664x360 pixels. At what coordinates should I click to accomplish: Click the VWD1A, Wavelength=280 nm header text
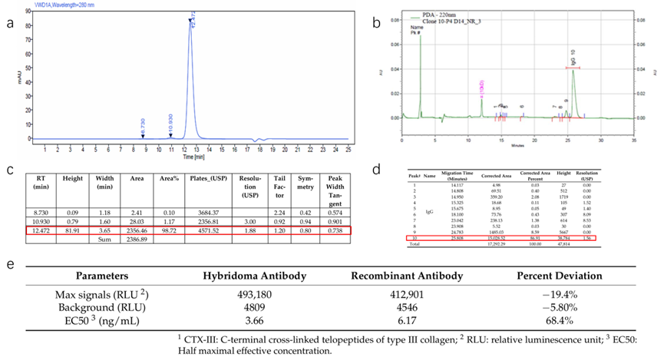click(61, 5)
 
